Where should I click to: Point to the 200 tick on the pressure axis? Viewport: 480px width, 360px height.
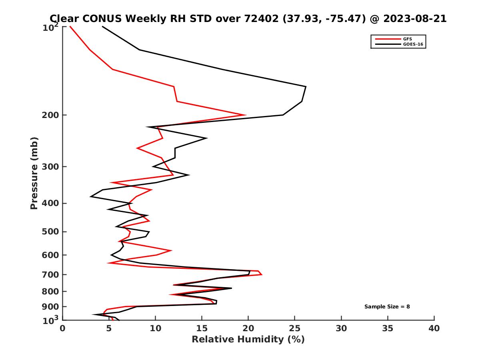[x=51, y=115]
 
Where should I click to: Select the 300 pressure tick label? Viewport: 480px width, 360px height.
[x=51, y=166]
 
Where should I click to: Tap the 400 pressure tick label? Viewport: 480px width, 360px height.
[x=51, y=203]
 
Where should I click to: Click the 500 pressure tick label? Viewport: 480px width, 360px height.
[x=51, y=232]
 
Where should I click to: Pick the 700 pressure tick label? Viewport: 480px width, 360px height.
[x=51, y=274]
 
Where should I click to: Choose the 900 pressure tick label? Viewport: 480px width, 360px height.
[x=51, y=307]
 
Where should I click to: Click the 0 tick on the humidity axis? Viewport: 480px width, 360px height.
[x=62, y=328]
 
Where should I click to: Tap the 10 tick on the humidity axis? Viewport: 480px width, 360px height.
[x=155, y=328]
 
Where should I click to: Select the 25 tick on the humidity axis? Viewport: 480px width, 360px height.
[x=295, y=328]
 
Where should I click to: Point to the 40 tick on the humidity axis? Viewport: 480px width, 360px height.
[x=434, y=328]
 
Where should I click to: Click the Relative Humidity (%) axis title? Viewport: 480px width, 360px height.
[x=248, y=340]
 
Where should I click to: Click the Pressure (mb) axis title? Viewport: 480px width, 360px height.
[x=34, y=173]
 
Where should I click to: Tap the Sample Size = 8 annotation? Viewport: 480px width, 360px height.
[x=387, y=307]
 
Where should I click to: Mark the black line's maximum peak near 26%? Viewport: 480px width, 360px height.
[x=306, y=86]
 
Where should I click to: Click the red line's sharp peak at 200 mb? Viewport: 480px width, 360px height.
[x=245, y=115]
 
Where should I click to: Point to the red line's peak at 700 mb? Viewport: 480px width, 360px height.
[x=262, y=274]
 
